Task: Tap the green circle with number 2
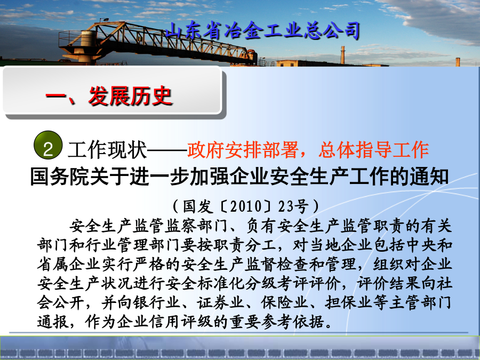pyautogui.click(x=48, y=145)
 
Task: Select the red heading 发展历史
pyautogui.click(x=131, y=96)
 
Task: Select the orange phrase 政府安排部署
pyautogui.click(x=243, y=150)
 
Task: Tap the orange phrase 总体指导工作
pyautogui.click(x=373, y=150)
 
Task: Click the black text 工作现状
pyautogui.click(x=107, y=150)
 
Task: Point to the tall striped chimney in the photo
pyautogui.click(x=343, y=55)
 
